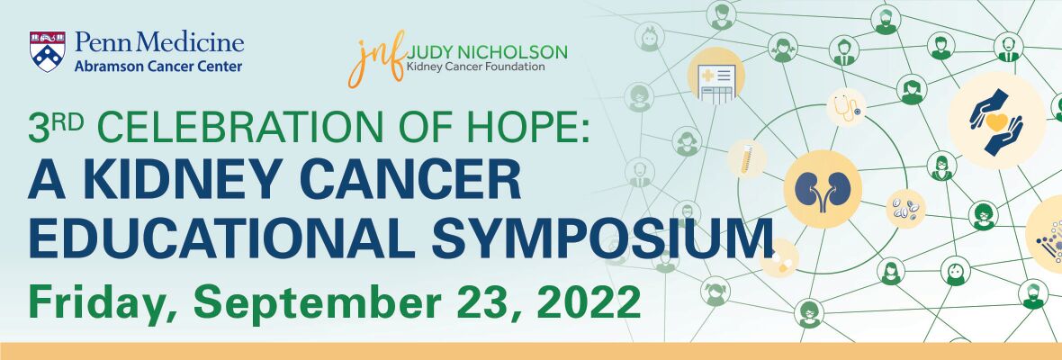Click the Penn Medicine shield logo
pyautogui.click(x=48, y=51)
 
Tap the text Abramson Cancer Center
pyautogui.click(x=158, y=67)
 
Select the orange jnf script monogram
pyautogui.click(x=377, y=58)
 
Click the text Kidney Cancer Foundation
pyautogui.click(x=475, y=67)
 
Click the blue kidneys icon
pyautogui.click(x=823, y=189)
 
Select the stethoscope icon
pyautogui.click(x=847, y=107)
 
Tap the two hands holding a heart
pyautogui.click(x=995, y=121)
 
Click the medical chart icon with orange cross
pyautogui.click(x=715, y=76)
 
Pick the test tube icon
pyautogui.click(x=747, y=159)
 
